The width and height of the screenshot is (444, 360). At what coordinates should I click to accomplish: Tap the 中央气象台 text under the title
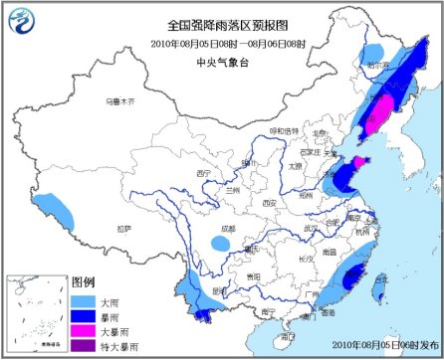click(220, 57)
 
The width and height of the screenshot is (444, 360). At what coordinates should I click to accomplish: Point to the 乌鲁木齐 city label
click(118, 100)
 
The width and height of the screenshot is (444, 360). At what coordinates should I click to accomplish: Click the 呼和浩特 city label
click(282, 130)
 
